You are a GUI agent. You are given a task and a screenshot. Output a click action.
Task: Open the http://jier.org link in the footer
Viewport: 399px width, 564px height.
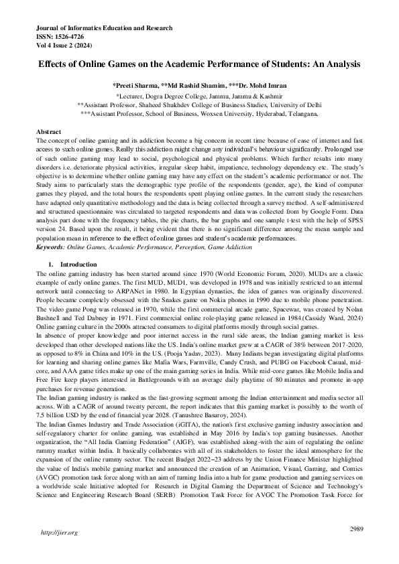pyautogui.click(x=60, y=533)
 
